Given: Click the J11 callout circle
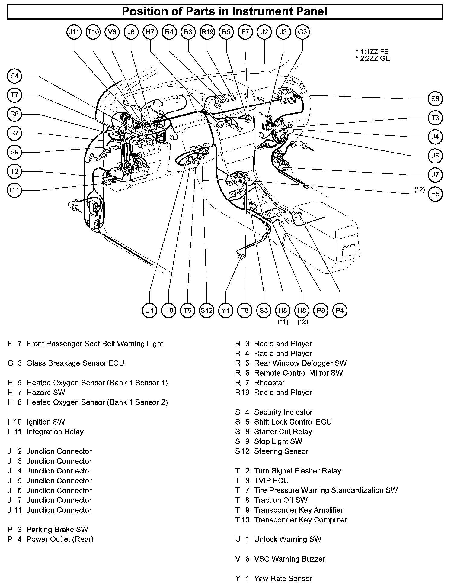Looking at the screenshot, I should pos(74,32).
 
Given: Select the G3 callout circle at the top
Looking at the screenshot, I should pos(302,32).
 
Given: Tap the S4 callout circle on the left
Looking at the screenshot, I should pos(14,76).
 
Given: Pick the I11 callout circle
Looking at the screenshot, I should pos(14,190).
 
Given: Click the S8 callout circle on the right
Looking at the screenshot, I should pos(435,99).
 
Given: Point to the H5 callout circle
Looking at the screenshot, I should pos(435,194).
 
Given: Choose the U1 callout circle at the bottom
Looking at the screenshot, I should pos(149,310).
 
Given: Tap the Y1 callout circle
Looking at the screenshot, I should pos(225,310).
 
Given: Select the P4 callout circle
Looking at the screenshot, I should pos(340,310).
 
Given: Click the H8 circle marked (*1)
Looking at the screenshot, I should pos(283,310).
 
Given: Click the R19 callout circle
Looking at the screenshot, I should pos(207,32).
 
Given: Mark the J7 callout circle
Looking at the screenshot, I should pos(435,175).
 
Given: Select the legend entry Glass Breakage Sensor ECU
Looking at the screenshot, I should pos(75,363).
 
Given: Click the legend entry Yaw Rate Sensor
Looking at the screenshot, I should pos(283,578).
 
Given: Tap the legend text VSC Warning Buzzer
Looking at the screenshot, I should pos(289,559).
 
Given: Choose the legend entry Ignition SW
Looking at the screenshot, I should pos(46,422).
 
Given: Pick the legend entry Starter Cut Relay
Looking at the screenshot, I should pos(283,432).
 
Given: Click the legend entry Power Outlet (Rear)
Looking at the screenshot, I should pos(60,539).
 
